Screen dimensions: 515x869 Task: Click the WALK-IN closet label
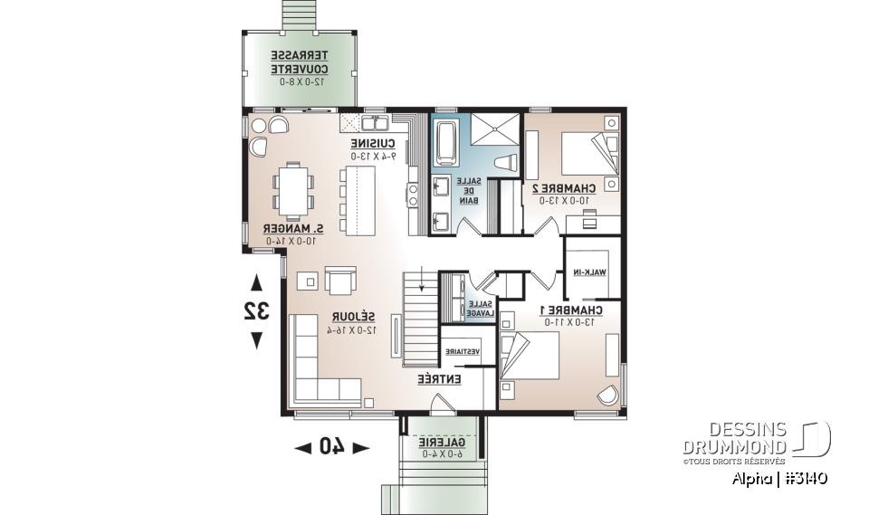[x=588, y=272]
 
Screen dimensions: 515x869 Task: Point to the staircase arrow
[x=421, y=282]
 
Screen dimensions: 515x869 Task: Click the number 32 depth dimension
[x=256, y=310]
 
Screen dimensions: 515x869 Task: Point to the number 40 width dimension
[x=332, y=445]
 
